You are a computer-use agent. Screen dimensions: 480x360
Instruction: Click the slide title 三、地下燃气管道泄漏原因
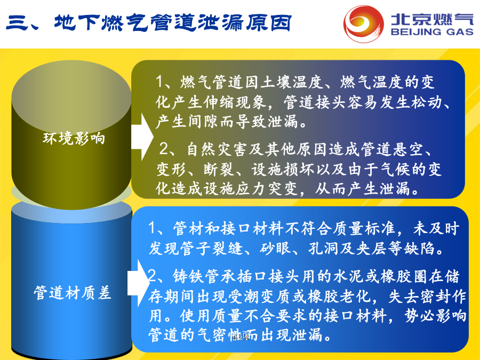click(148, 23)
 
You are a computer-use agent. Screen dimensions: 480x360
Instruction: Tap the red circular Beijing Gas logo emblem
click(363, 23)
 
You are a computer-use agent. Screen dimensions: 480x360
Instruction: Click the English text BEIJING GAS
click(432, 32)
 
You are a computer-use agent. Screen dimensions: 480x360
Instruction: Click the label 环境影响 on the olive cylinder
click(74, 138)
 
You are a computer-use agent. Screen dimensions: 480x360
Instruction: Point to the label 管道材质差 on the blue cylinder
click(72, 293)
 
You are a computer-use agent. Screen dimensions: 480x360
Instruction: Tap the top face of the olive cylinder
click(71, 95)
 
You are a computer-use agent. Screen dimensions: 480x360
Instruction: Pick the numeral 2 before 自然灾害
click(164, 149)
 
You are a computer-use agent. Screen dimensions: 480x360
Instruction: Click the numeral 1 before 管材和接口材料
click(153, 228)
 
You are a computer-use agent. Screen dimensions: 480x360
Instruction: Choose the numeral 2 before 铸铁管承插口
click(152, 276)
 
